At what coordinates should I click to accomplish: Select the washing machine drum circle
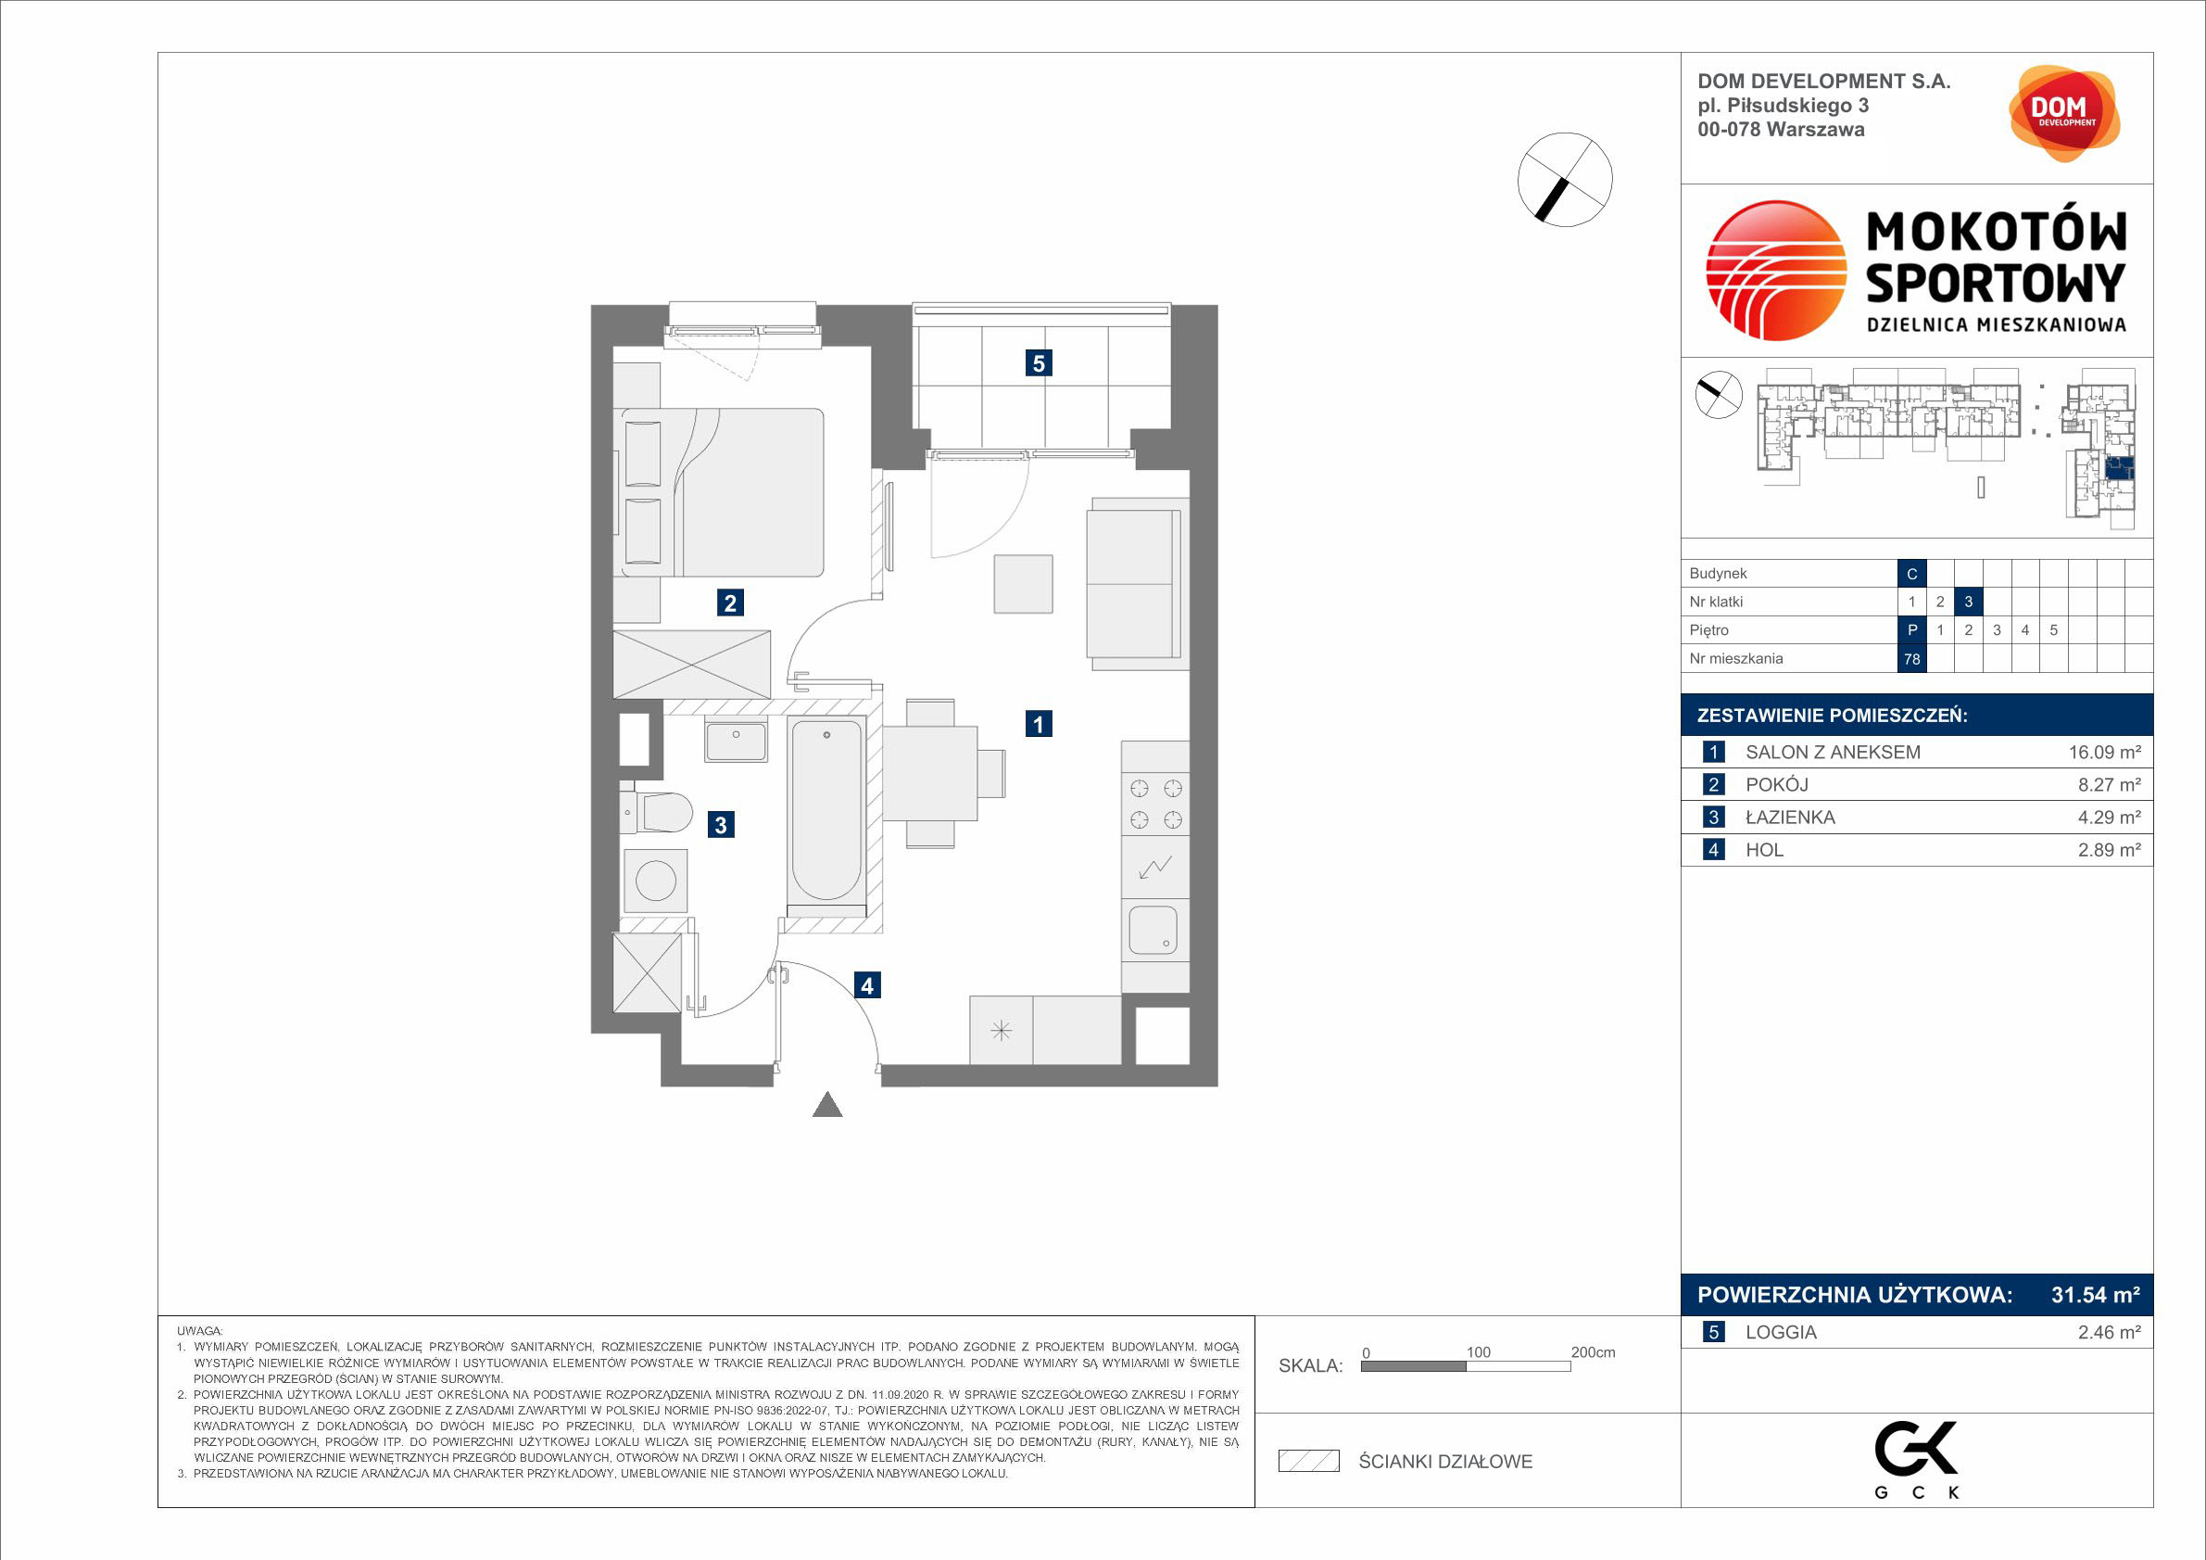(x=655, y=881)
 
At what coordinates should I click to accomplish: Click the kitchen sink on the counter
(x=1153, y=930)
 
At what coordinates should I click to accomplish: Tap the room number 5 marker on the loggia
(x=1038, y=363)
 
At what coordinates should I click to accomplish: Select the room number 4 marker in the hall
(x=866, y=985)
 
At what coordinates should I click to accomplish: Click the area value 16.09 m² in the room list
(x=2104, y=753)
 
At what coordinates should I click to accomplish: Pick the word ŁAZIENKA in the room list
(x=1790, y=818)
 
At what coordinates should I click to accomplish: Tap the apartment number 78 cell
(x=1912, y=659)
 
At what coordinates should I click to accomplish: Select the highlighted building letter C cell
(x=1912, y=574)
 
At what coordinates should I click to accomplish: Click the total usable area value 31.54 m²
(x=2096, y=1295)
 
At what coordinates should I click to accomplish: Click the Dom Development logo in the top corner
(x=2064, y=113)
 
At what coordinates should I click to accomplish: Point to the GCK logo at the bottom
(x=1918, y=1459)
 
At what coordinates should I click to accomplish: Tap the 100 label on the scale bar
(x=1478, y=1352)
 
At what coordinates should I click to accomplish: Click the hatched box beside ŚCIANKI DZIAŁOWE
(x=1308, y=1461)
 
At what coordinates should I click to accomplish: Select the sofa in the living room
(x=1138, y=583)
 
